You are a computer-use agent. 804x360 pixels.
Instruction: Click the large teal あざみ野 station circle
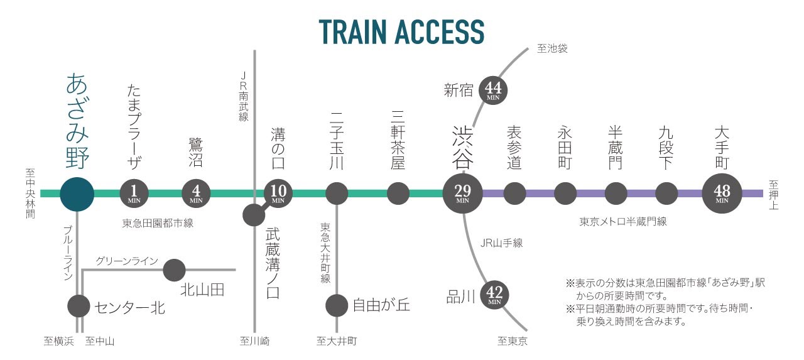(77, 194)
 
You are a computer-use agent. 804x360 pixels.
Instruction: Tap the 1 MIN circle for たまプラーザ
(133, 194)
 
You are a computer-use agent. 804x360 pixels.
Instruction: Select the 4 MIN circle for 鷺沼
(195, 194)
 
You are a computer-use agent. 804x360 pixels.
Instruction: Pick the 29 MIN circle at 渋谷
(463, 194)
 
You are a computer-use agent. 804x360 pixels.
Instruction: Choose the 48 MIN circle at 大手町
(722, 194)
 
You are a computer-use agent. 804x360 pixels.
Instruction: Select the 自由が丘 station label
(381, 305)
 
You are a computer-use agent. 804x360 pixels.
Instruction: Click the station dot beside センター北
(79, 307)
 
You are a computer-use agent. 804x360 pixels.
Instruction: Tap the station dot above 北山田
(174, 270)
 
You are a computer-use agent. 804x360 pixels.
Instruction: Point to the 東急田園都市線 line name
(158, 222)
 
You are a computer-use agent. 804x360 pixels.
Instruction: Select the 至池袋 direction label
(553, 48)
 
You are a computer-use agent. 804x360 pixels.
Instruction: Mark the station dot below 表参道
(514, 194)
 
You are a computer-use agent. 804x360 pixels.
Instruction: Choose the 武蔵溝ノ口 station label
(273, 263)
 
